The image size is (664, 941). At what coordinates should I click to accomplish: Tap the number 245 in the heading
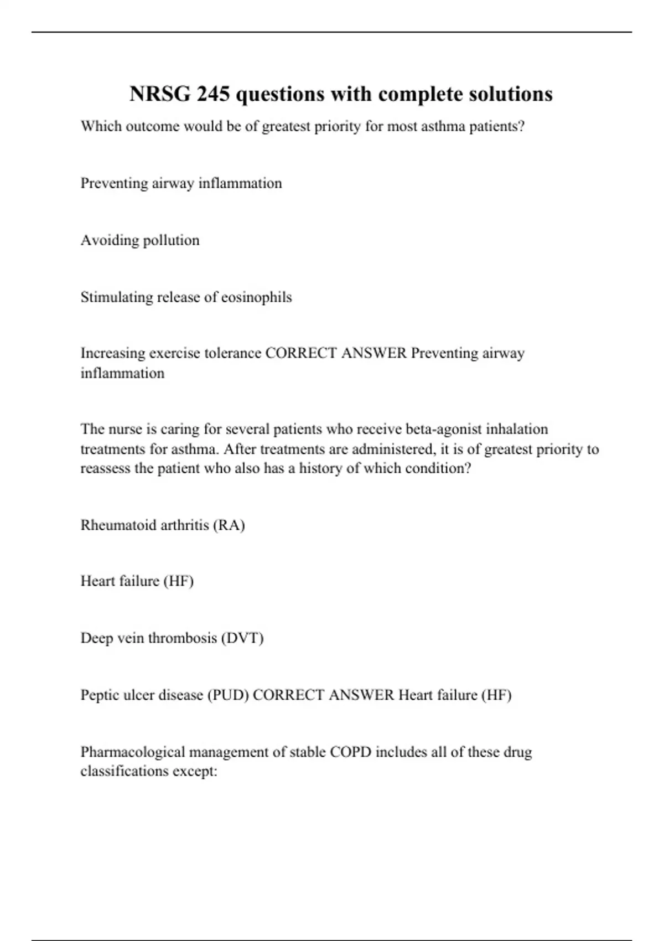tap(214, 94)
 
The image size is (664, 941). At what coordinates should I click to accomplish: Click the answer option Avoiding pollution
tap(140, 240)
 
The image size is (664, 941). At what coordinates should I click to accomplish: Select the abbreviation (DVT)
tap(242, 638)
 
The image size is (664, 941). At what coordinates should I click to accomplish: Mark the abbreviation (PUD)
tap(228, 695)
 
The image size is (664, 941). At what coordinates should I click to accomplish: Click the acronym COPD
tap(350, 752)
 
